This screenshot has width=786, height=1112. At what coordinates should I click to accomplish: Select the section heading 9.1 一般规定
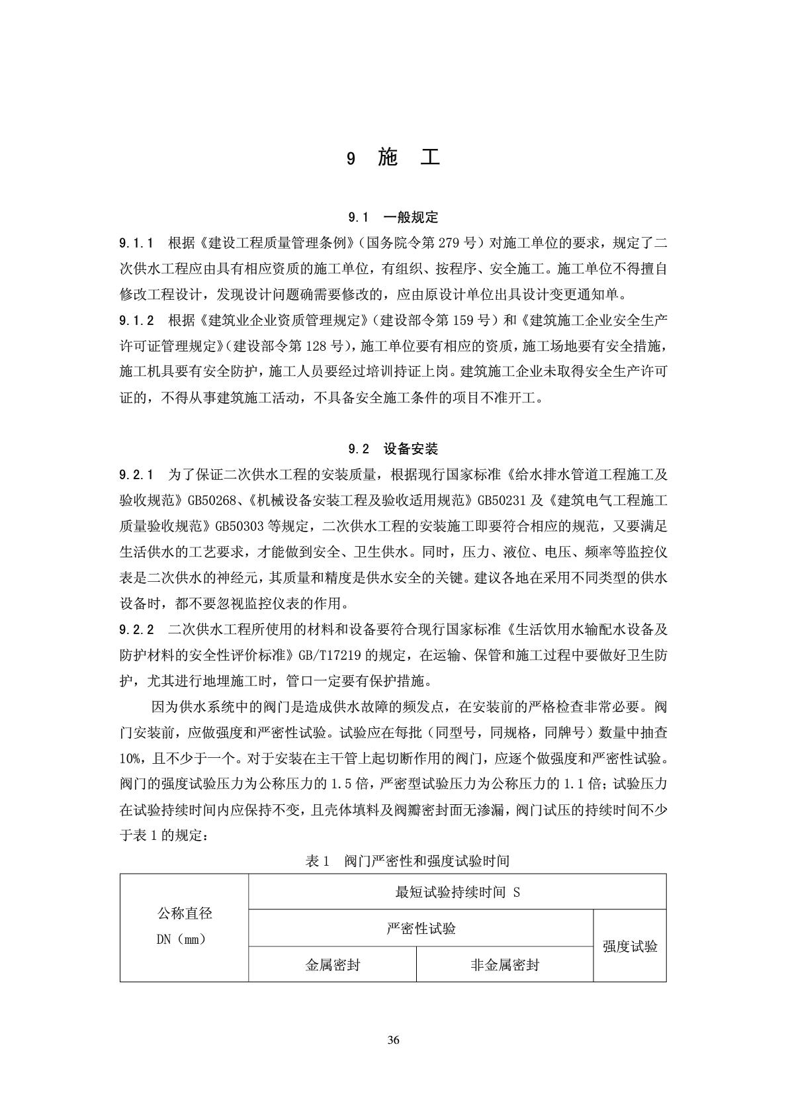pyautogui.click(x=393, y=217)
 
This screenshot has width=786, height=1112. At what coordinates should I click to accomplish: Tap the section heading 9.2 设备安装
pyautogui.click(x=393, y=449)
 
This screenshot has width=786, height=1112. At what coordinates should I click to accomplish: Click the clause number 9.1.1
pyautogui.click(x=137, y=243)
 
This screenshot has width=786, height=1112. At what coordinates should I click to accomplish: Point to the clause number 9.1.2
pyautogui.click(x=137, y=320)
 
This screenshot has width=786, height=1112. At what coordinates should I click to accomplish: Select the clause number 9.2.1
pyautogui.click(x=137, y=475)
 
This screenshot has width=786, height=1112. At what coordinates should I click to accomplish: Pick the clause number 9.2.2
pyautogui.click(x=137, y=628)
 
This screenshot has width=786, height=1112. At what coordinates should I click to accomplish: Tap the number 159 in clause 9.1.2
pyautogui.click(x=466, y=320)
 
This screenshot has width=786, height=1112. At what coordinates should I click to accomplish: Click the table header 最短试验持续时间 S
pyautogui.click(x=457, y=892)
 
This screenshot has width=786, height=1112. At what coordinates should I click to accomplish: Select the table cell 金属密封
pyautogui.click(x=332, y=965)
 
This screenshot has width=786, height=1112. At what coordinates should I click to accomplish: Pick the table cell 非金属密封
pyautogui.click(x=504, y=965)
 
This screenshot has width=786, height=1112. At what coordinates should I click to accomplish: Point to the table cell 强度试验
pyautogui.click(x=630, y=947)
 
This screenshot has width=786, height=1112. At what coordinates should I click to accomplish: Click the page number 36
pyautogui.click(x=394, y=1040)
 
